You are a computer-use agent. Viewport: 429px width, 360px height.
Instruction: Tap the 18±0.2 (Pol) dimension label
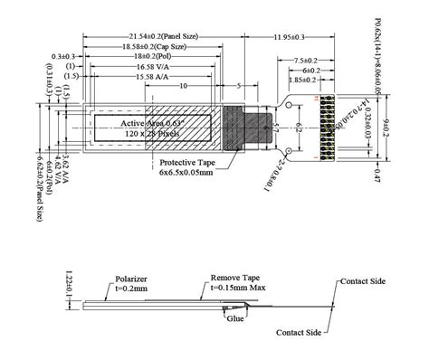click(149, 55)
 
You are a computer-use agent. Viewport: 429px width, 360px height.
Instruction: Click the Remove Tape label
click(236, 277)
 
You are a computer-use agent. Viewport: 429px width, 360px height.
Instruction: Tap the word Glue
click(236, 318)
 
